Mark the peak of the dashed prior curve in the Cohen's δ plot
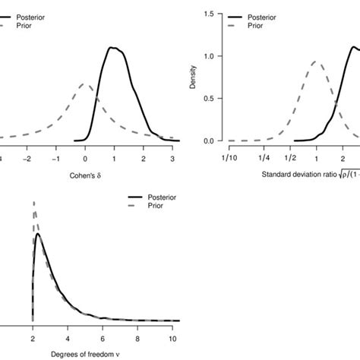point(85,84)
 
